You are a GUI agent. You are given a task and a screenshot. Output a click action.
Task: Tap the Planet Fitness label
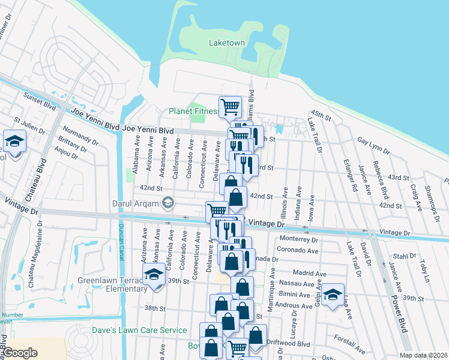click(x=193, y=111)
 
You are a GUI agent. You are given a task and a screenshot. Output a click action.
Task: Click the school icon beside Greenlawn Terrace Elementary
click(x=154, y=276)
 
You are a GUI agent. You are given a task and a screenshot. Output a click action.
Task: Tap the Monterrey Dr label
click(x=298, y=238)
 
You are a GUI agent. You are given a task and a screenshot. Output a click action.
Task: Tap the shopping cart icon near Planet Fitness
click(x=230, y=107)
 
